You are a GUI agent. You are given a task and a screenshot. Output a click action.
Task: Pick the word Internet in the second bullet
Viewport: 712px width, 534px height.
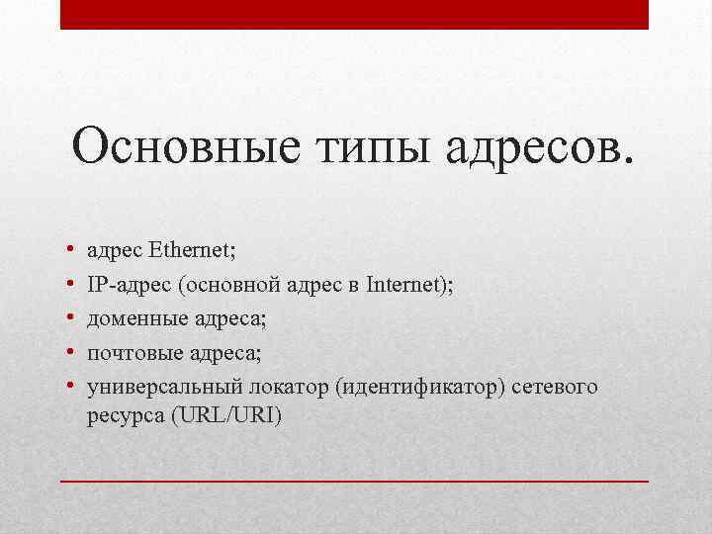404,286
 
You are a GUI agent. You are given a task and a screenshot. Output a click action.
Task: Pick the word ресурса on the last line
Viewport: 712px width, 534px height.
126,416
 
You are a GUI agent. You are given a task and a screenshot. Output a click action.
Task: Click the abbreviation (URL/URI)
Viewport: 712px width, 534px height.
225,416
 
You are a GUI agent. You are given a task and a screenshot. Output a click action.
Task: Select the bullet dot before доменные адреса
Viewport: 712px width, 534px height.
72,320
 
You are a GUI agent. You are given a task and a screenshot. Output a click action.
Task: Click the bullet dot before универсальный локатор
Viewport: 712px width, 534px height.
72,386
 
